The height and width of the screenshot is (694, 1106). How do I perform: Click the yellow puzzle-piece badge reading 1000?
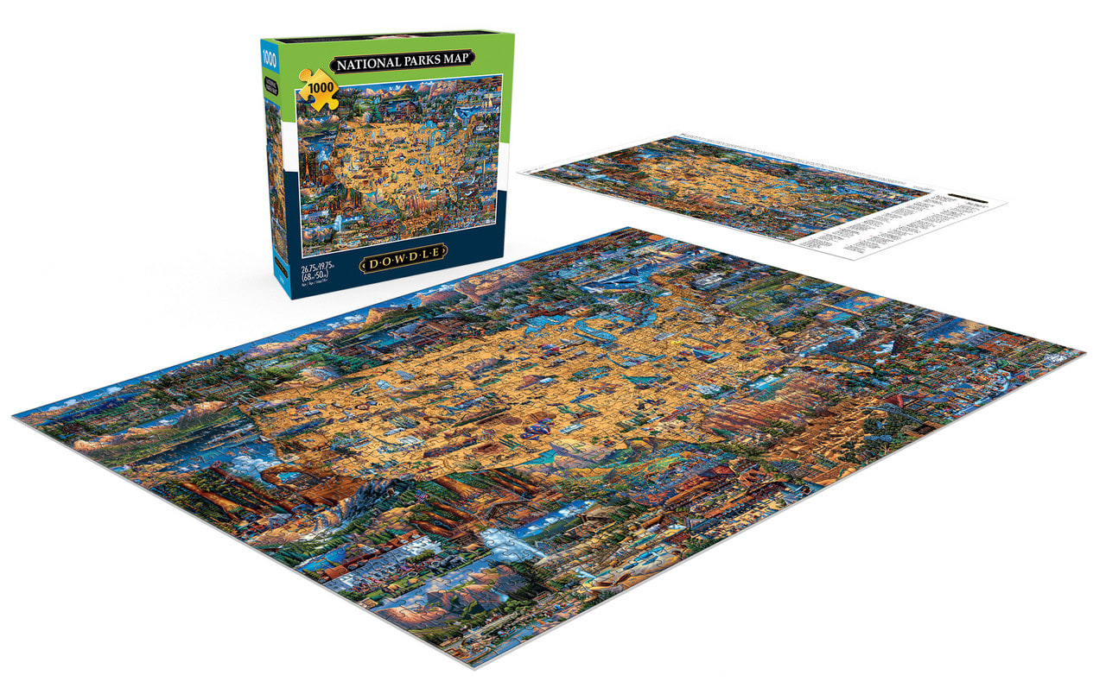318,90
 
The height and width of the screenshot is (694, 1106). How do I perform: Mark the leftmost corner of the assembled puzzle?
15,416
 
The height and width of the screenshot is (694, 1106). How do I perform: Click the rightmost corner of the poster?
1006,205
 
